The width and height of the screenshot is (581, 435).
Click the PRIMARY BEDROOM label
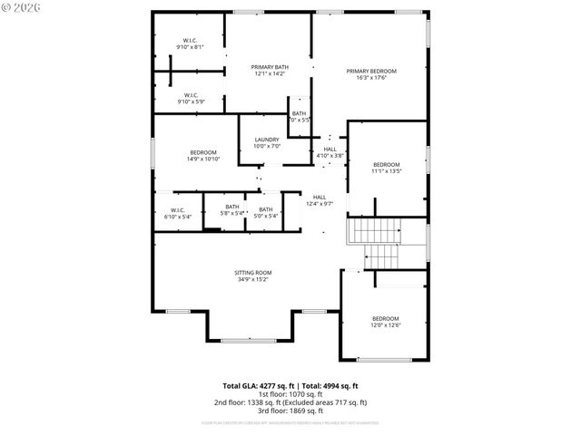370,71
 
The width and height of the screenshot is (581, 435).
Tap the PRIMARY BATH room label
268,67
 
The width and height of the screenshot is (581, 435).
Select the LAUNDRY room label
267,140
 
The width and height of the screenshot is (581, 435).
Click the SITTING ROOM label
252,273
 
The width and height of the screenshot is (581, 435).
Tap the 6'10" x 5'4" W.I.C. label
177,213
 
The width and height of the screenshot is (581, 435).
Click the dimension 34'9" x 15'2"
252,279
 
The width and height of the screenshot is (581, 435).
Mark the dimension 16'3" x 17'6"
370,77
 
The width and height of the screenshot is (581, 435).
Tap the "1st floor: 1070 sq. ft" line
290,393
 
